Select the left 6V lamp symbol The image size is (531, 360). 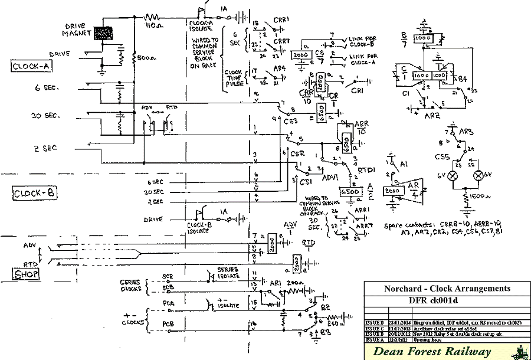[x=454, y=176]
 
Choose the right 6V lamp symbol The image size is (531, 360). [x=479, y=176]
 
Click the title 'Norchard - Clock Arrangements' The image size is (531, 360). [x=446, y=289]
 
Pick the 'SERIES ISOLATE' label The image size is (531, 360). [x=227, y=273]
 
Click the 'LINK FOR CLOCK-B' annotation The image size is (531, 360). [x=360, y=40]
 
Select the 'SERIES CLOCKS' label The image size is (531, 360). [x=130, y=286]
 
